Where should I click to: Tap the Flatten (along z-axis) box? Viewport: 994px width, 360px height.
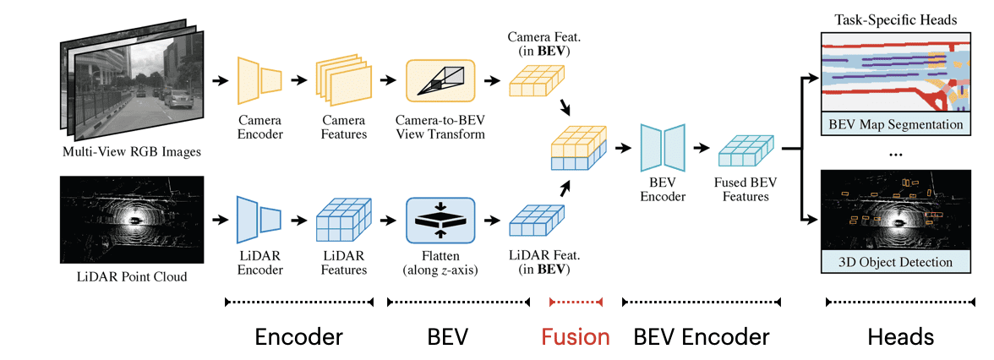point(441,221)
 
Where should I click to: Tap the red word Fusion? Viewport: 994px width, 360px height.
point(576,337)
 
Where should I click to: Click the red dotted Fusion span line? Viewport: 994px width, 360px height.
point(576,302)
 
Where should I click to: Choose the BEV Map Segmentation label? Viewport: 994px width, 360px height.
point(896,124)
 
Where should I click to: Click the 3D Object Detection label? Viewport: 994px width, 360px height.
point(896,262)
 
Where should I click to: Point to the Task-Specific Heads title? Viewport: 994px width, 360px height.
point(896,19)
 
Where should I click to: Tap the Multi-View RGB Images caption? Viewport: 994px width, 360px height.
point(134,153)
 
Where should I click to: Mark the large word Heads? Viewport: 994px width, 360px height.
point(901,337)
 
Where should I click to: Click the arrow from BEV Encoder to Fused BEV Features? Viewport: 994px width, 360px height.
point(701,148)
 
